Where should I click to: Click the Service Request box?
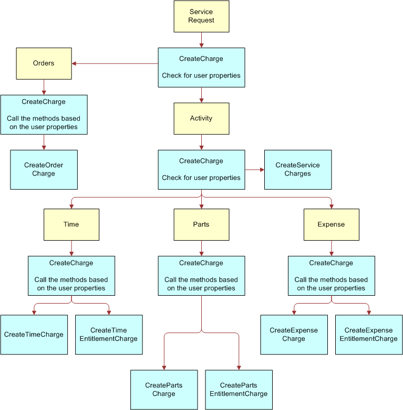tap(201, 16)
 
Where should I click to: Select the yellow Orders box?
tap(44, 63)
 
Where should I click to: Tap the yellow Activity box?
tap(201, 118)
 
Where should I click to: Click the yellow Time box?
tap(71, 224)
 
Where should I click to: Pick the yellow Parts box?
tap(201, 224)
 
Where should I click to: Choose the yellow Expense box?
tap(331, 224)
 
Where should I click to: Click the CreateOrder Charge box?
tap(44, 169)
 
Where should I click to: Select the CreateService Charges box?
tap(297, 169)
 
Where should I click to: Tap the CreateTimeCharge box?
tap(34, 335)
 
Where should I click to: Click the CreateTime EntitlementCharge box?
tap(109, 335)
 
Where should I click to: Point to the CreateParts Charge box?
tap(164, 390)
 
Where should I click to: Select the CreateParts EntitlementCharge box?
tap(239, 390)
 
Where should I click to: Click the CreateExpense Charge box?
tap(294, 335)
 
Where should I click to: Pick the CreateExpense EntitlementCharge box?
tap(369, 335)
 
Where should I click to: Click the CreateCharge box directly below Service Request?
tap(201, 67)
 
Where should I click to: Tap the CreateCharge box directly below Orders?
tap(44, 114)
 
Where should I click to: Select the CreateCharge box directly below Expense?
tap(331, 275)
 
